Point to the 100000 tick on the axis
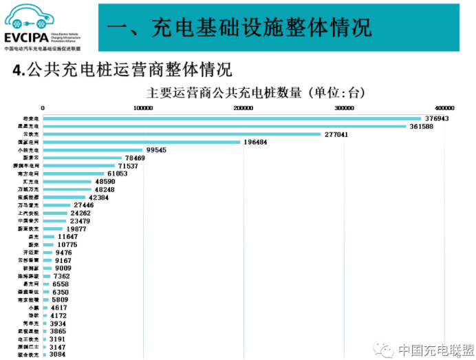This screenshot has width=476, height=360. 143,108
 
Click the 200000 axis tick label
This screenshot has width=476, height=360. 243,108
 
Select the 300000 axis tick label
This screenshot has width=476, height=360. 344,108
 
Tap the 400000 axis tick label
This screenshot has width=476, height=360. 444,108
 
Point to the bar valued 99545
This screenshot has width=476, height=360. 93,150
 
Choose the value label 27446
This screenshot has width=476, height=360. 87,205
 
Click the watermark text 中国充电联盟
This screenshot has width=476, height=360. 432,350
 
